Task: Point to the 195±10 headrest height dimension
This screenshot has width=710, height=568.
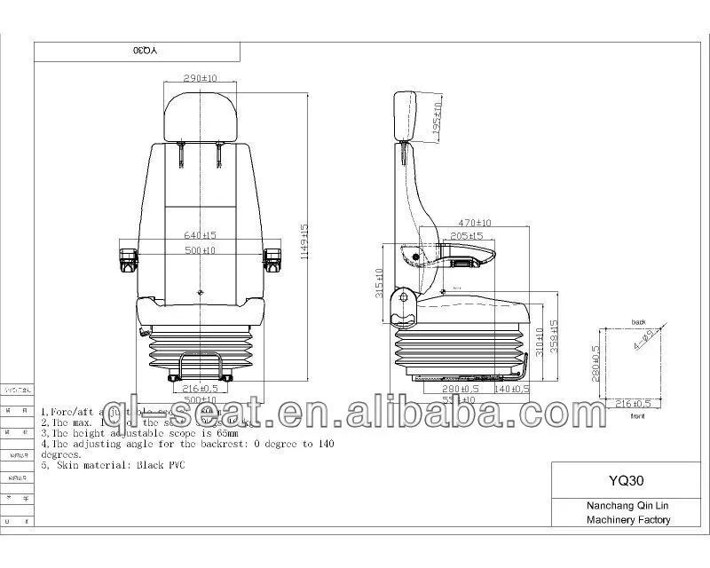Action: pos(437,119)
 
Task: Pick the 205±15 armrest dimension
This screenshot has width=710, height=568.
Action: pos(465,236)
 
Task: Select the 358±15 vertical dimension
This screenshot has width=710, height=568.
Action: pos(555,333)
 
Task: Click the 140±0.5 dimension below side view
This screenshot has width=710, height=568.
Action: pos(511,389)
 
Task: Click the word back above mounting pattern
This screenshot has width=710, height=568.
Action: pos(636,322)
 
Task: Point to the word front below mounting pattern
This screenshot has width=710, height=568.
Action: pos(635,414)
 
